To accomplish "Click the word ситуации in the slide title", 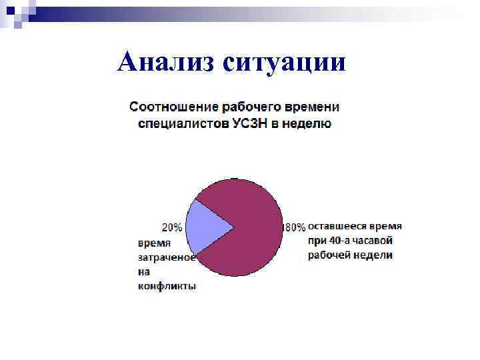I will tap(285, 63).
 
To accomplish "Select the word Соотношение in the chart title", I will tap(173, 107).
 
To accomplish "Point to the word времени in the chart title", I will tap(312, 107).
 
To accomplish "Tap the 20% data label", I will tap(172, 227).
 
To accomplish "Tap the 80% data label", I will tap(295, 227).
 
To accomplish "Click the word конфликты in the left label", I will tap(167, 286).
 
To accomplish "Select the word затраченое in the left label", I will tap(167, 257).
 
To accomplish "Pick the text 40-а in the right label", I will tap(341, 241).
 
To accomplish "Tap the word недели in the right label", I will tap(377, 255).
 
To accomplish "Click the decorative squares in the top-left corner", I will tap(16, 13).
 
